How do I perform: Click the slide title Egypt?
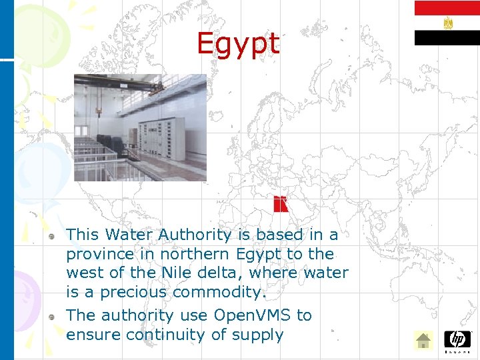click(x=238, y=45)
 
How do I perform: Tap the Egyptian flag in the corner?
click(x=447, y=23)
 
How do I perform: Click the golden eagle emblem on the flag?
click(x=447, y=23)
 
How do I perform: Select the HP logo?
click(x=457, y=339)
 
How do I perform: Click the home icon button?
click(x=423, y=341)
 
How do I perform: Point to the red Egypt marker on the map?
click(x=281, y=204)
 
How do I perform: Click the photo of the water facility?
click(x=140, y=127)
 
